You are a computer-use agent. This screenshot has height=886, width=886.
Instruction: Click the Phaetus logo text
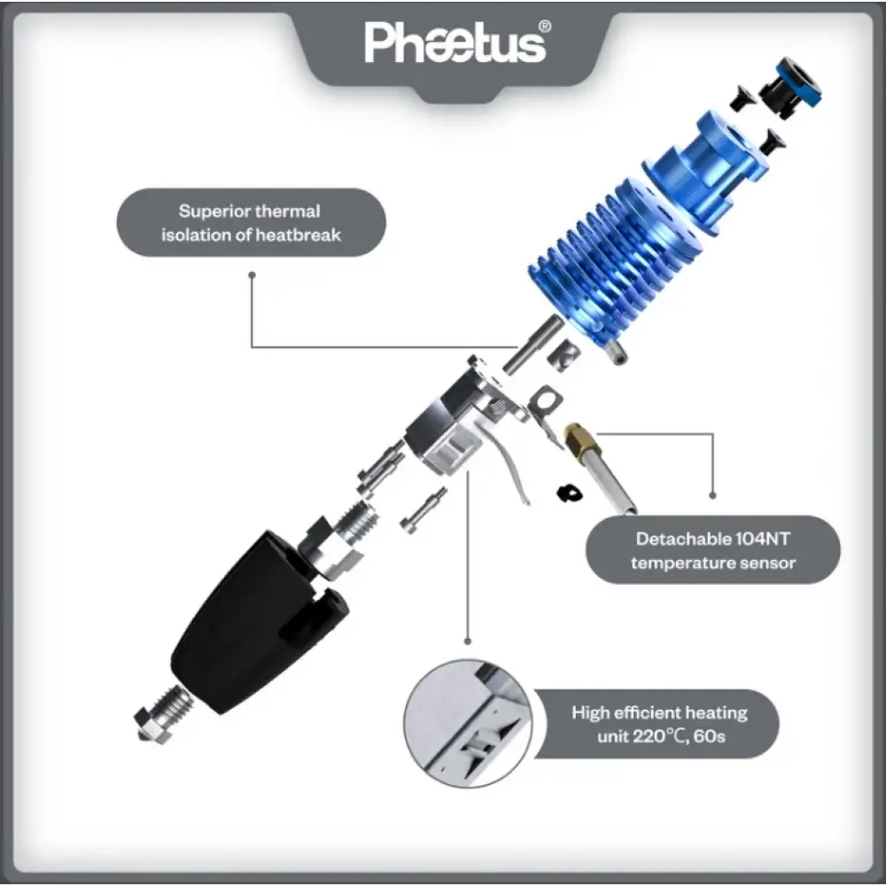454,43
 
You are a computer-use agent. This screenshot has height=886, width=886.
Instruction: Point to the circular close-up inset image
467,722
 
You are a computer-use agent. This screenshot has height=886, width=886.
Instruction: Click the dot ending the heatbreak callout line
253,275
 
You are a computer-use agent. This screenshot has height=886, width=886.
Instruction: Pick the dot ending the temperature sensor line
712,496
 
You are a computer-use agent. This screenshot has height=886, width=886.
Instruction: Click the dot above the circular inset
467,641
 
